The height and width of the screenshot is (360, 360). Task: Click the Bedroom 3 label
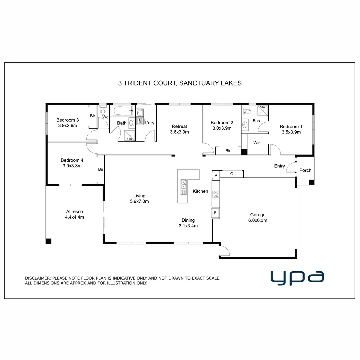pos(67,120)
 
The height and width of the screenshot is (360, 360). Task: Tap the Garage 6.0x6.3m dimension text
pos(258,220)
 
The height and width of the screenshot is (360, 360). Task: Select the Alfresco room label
pos(74,211)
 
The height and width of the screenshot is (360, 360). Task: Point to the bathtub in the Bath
pos(122,111)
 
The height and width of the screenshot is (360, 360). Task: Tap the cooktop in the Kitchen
pos(216,194)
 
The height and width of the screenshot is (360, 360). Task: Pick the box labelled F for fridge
pos(215,212)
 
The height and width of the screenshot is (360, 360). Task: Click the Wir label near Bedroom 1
pos(256,143)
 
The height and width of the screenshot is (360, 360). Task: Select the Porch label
pos(305,170)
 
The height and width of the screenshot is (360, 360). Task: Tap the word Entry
pos(279,166)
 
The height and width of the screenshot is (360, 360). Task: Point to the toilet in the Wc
pos(103,110)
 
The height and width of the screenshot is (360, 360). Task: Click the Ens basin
pos(245,125)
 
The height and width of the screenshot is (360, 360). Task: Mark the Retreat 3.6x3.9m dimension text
pos(179,132)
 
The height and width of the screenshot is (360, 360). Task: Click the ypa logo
pos(297,278)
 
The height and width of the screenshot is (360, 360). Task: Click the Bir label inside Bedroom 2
pos(228,151)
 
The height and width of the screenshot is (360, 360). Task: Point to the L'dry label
pos(149,123)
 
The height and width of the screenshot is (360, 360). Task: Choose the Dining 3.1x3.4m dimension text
pos(188,226)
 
